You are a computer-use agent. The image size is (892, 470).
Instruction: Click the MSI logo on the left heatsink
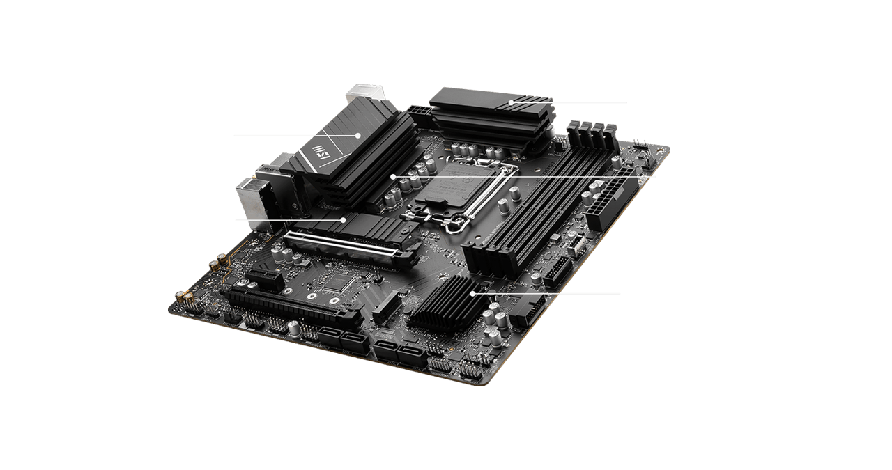coord(321,155)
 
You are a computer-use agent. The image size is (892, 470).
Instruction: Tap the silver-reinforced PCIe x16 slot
coord(348,247)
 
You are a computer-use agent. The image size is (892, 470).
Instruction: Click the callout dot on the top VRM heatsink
coord(511,102)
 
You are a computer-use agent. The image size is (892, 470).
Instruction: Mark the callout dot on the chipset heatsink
coord(473,293)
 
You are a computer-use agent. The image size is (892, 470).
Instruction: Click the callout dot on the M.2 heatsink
coord(344,220)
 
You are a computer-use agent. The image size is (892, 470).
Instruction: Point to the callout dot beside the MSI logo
coord(357,135)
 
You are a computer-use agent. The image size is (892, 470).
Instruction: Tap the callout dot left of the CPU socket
coord(393,177)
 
